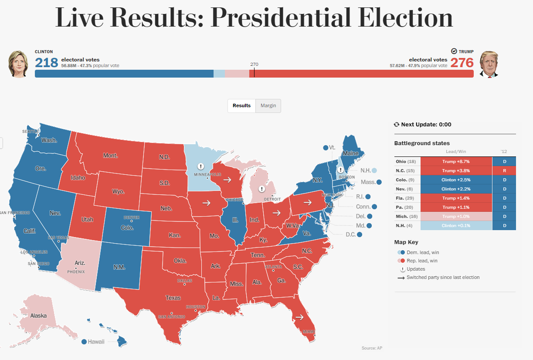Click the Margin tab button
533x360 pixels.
pos(268,105)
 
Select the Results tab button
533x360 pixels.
pos(241,105)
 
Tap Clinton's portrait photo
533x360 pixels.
pos(18,64)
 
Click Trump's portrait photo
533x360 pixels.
pos(489,64)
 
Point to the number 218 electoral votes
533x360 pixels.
pos(47,63)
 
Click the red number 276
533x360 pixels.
pos(462,63)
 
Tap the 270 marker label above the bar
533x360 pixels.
pos(254,64)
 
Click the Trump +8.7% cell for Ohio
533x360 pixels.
pos(456,162)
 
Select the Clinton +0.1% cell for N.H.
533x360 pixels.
pos(456,226)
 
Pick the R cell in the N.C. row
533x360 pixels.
pos(504,171)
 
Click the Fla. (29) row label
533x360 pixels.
pos(405,198)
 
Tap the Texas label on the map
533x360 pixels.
pos(173,298)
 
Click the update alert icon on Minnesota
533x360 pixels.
pos(200,166)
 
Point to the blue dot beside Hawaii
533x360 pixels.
pos(84,342)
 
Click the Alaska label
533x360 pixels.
pos(38,316)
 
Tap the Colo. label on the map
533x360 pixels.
pos(127,228)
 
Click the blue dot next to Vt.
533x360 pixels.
pos(326,148)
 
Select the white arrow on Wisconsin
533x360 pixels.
pos(227,179)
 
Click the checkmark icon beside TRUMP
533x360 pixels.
pos(454,51)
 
